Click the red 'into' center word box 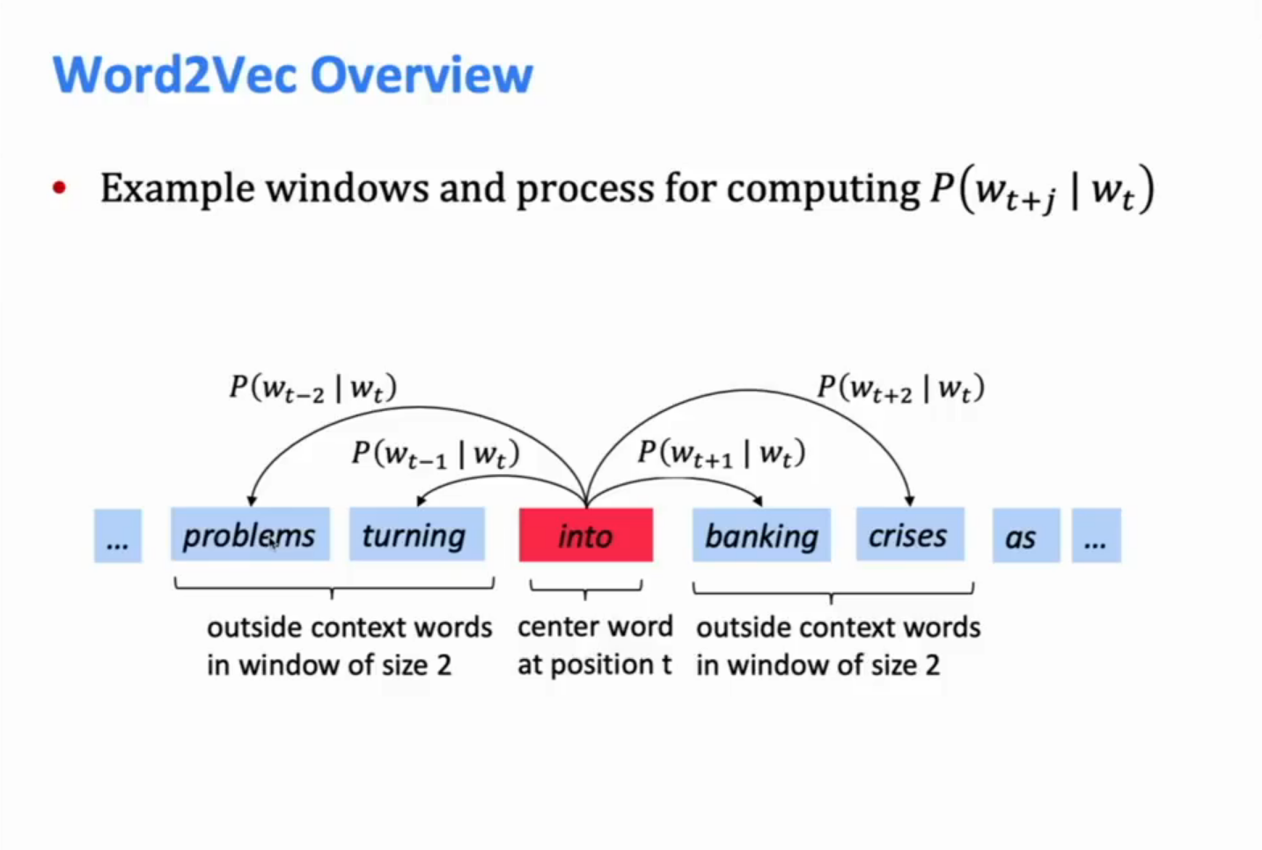pyautogui.click(x=586, y=535)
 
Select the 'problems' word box pyautogui.click(x=250, y=535)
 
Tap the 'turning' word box pyautogui.click(x=416, y=535)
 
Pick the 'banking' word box pyautogui.click(x=761, y=535)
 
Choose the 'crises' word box pyautogui.click(x=909, y=535)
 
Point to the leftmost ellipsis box pyautogui.click(x=118, y=535)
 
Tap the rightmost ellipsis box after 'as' pyautogui.click(x=1096, y=535)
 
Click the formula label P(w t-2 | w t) pyautogui.click(x=312, y=388)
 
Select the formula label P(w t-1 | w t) pyautogui.click(x=435, y=454)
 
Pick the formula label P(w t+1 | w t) pyautogui.click(x=721, y=453)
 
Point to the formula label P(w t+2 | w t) pyautogui.click(x=900, y=388)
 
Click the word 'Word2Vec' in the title pyautogui.click(x=175, y=74)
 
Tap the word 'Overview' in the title pyautogui.click(x=422, y=74)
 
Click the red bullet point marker pyautogui.click(x=59, y=187)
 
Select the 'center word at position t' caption pyautogui.click(x=595, y=646)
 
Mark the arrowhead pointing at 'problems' pyautogui.click(x=252, y=500)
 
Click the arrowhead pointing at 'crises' pyautogui.click(x=910, y=500)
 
